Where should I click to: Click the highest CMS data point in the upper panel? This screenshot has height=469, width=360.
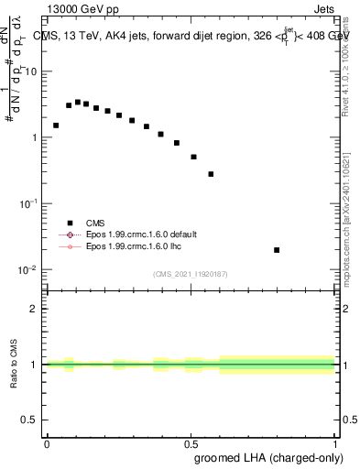78,103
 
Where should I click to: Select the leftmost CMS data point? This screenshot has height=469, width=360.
56,125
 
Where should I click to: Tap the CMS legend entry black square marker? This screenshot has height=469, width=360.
70,222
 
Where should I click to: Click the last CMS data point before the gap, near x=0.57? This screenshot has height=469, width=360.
211,174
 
